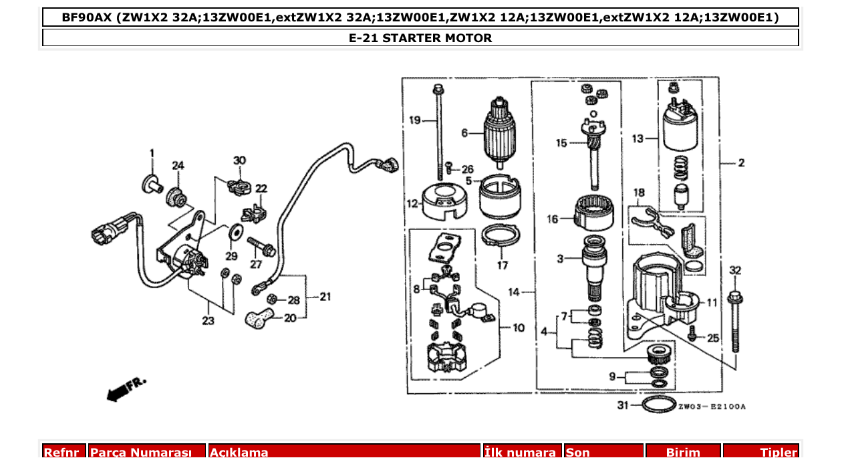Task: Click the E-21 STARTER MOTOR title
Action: pyautogui.click(x=420, y=38)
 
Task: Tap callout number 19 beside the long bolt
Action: pyautogui.click(x=415, y=120)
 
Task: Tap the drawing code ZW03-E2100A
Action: pyautogui.click(x=712, y=406)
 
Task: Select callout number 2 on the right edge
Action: pyautogui.click(x=741, y=162)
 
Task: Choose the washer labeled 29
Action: pyautogui.click(x=235, y=233)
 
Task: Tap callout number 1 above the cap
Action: pyautogui.click(x=152, y=153)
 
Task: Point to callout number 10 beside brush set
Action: pyautogui.click(x=519, y=328)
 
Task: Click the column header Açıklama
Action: pyautogui.click(x=239, y=453)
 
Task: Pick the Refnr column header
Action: pyautogui.click(x=64, y=453)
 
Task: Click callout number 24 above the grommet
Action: pyautogui.click(x=177, y=165)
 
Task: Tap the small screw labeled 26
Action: pyautogui.click(x=450, y=168)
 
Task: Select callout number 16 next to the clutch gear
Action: pyautogui.click(x=553, y=219)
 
